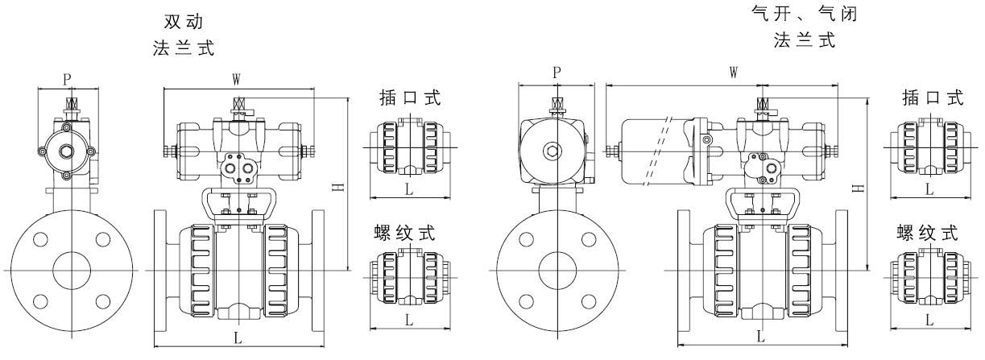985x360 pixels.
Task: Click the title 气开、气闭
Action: (x=805, y=14)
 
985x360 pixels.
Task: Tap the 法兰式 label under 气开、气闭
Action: (x=805, y=40)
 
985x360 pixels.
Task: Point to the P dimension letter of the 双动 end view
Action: (x=68, y=79)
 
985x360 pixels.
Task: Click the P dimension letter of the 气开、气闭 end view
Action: (x=557, y=72)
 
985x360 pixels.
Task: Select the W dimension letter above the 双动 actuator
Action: (x=237, y=79)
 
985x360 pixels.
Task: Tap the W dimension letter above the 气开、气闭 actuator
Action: (x=734, y=72)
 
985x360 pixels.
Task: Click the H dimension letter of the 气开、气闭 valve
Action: (x=859, y=187)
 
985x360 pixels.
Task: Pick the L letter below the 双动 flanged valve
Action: (x=238, y=338)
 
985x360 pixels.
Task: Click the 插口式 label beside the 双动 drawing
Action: (x=410, y=98)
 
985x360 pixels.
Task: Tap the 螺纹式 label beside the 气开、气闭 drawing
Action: (x=928, y=234)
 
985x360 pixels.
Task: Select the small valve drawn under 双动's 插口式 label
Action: (x=409, y=147)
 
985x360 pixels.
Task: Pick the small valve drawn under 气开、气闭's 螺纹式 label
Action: (x=928, y=279)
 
